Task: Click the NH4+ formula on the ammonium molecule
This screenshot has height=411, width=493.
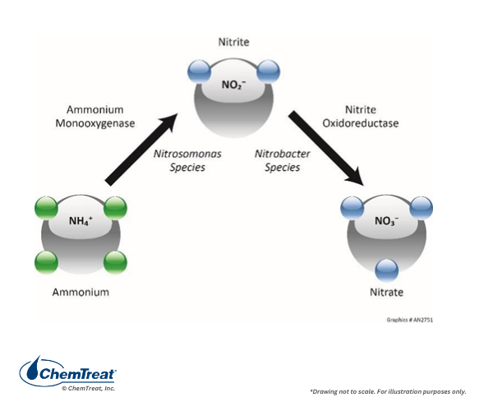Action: pyautogui.click(x=80, y=221)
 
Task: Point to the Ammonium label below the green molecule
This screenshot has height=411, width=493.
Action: pyautogui.click(x=81, y=292)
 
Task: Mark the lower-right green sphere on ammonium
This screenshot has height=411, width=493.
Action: pyautogui.click(x=116, y=262)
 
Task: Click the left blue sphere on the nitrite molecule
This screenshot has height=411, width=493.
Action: pyautogui.click(x=199, y=70)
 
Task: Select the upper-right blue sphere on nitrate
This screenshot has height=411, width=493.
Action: pyautogui.click(x=421, y=207)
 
